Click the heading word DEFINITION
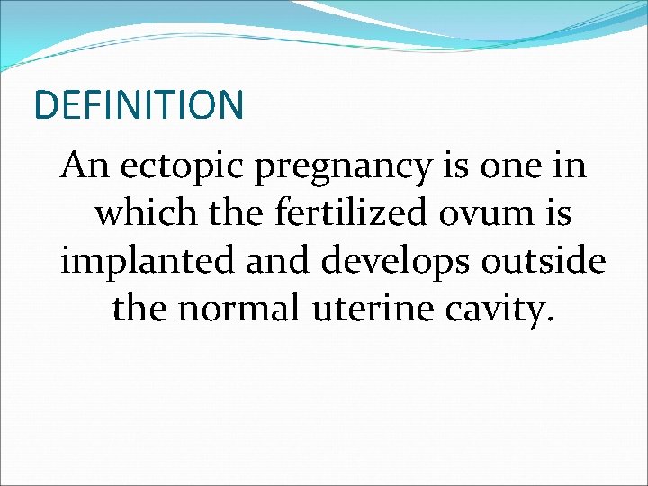coord(139,104)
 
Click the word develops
coord(398,263)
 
